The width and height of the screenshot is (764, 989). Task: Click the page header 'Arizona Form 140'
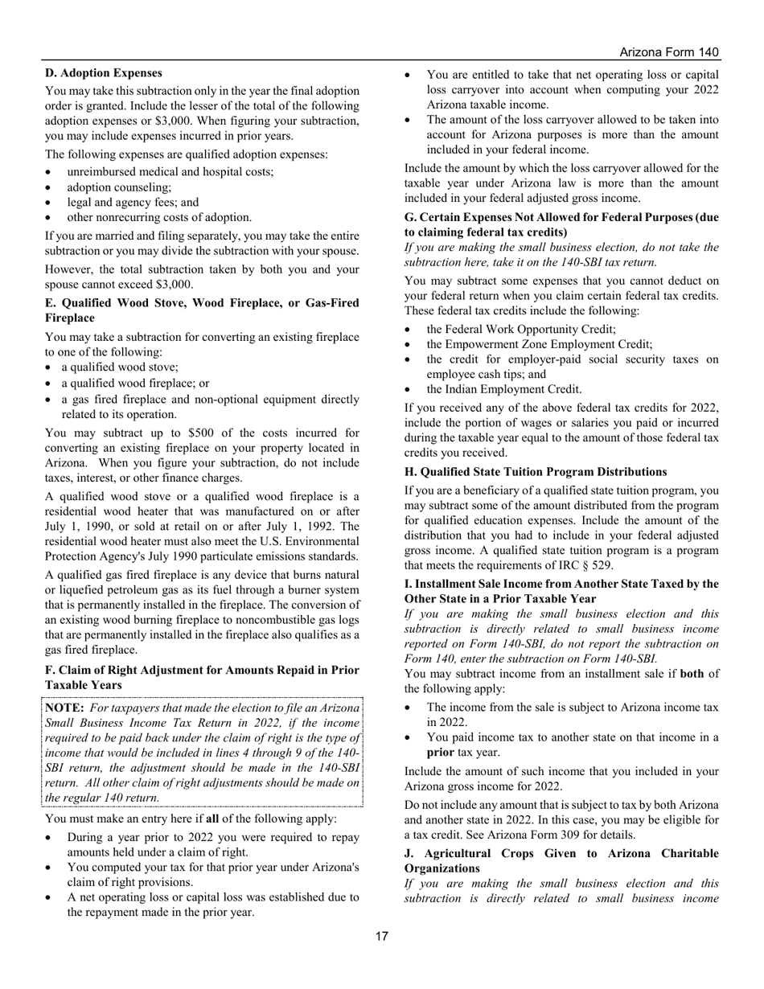tap(669, 52)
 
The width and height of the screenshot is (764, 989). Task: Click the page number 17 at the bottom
tap(382, 936)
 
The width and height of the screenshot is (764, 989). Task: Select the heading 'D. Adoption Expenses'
tap(104, 73)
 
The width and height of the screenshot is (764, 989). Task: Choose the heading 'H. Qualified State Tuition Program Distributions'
tap(543, 472)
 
